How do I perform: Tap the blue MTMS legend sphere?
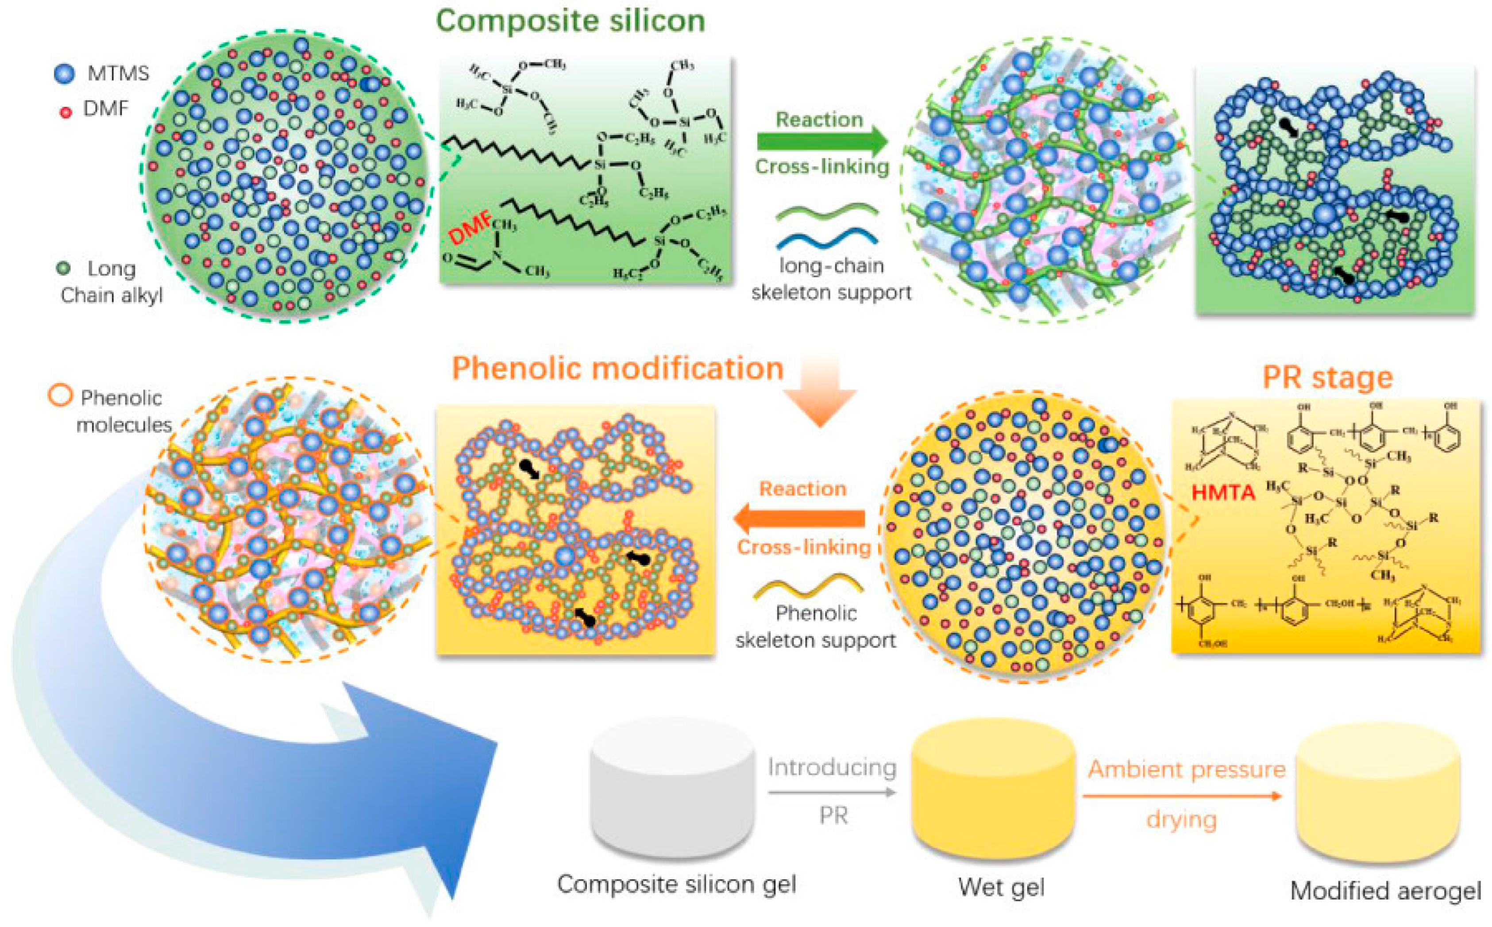point(64,73)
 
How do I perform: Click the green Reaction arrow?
point(822,142)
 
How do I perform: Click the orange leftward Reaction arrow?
point(800,519)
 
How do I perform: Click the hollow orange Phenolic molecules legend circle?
point(60,396)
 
